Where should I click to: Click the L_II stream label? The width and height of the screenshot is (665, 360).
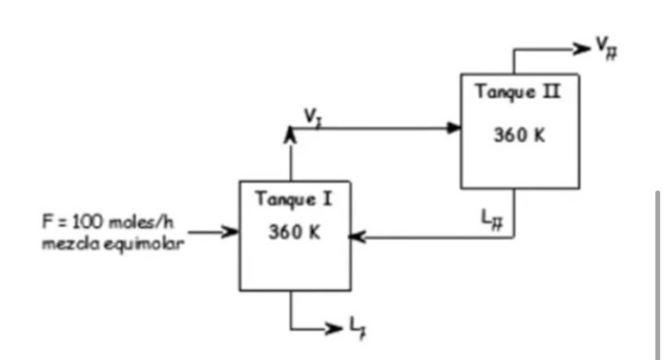[489, 217]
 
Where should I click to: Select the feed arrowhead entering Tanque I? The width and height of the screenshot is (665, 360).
[232, 233]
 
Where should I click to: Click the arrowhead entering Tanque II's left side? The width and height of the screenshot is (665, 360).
[454, 128]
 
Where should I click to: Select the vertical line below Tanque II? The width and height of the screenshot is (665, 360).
[514, 213]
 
